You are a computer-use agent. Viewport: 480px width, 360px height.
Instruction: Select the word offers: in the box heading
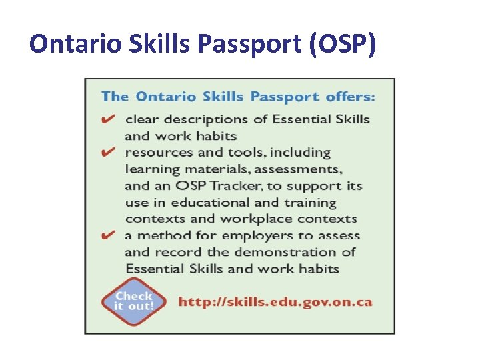pyautogui.click(x=351, y=97)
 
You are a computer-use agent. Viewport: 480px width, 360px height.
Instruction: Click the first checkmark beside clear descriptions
pyautogui.click(x=108, y=119)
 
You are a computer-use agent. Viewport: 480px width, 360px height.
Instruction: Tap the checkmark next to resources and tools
pyautogui.click(x=108, y=152)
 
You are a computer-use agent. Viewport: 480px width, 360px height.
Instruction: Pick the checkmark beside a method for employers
pyautogui.click(x=108, y=235)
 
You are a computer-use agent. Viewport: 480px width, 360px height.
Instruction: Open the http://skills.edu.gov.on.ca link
pyautogui.click(x=275, y=302)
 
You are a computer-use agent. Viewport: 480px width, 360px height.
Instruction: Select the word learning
pyautogui.click(x=150, y=169)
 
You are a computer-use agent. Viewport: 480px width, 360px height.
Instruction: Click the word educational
pyautogui.click(x=214, y=203)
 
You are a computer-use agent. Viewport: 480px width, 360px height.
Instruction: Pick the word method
pyautogui.click(x=165, y=236)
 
